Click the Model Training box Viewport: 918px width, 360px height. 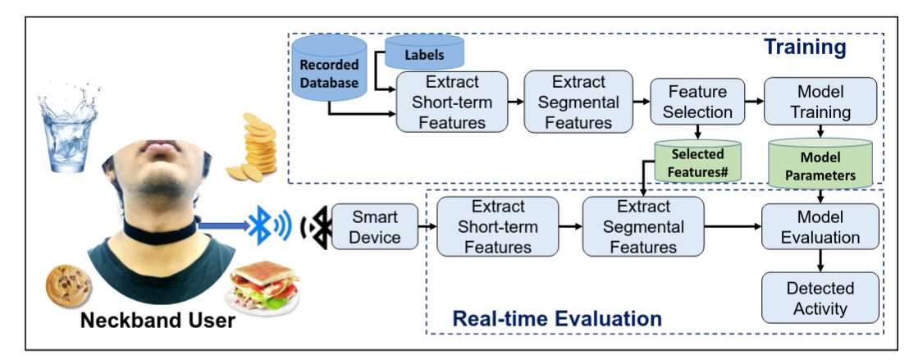(820, 101)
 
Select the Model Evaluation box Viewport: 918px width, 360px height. (820, 227)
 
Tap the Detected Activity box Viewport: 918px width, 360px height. (820, 298)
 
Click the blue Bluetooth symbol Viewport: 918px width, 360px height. (260, 223)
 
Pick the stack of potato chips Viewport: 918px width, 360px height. (254, 148)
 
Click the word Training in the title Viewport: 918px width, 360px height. (805, 48)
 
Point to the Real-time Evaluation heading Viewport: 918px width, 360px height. (557, 317)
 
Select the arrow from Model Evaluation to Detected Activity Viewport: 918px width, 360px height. (820, 261)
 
